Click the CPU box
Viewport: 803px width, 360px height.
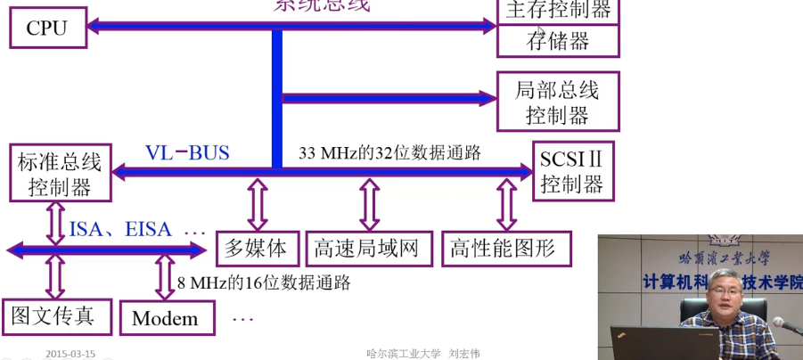46,28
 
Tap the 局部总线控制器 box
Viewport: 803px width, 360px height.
558,102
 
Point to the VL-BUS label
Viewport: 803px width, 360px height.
187,152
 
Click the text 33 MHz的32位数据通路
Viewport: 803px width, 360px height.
389,152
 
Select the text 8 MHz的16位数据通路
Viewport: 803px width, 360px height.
263,283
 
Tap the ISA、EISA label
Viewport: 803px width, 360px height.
120,230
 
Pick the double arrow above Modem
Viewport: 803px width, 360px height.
165,277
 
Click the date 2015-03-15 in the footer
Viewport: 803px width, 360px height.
70,353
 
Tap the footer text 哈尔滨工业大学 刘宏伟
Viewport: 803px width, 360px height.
423,353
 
